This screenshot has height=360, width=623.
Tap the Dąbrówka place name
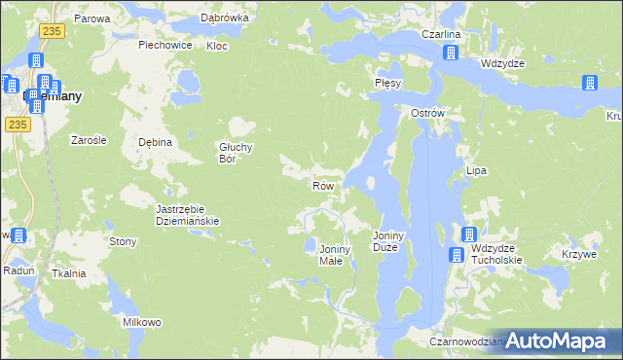(x=225, y=18)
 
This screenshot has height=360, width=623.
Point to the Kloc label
(x=217, y=46)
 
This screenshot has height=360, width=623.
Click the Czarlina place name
(x=440, y=35)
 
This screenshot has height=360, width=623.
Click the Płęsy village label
(x=388, y=84)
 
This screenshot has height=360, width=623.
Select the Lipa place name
(x=476, y=170)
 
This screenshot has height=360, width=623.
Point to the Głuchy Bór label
(x=236, y=153)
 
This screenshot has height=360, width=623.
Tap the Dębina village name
(x=155, y=142)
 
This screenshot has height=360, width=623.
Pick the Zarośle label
(x=89, y=140)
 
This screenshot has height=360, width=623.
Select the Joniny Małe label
(x=335, y=256)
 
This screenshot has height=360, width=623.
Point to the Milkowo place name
(x=141, y=322)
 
